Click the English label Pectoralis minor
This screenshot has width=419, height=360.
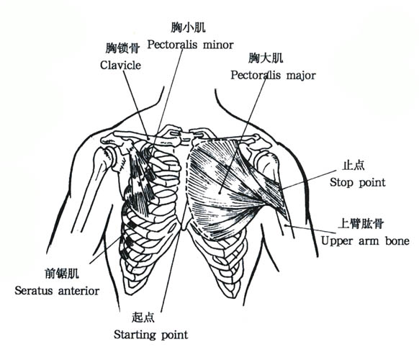pos(191,45)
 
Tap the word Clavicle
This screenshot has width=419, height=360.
pos(120,66)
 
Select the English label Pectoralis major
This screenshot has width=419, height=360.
pos(273,76)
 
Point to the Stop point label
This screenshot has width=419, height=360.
pos(358,183)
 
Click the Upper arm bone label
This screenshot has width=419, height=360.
pos(365,240)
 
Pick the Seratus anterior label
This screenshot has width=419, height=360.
pos(57,290)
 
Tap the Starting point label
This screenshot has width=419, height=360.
pos(151,335)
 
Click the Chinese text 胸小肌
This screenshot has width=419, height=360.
pos(189,27)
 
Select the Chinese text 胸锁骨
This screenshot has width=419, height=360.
pos(122,48)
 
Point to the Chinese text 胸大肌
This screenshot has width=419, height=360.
pos(266,58)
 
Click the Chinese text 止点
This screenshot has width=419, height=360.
pos(353,166)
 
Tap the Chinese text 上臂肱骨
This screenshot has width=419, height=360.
pos(361,224)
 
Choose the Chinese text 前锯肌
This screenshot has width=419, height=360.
pos(62,274)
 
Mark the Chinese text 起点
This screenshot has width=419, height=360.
pos(143,318)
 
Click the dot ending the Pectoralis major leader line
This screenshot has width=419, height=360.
pos(220,192)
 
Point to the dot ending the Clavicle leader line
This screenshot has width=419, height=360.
pos(148,138)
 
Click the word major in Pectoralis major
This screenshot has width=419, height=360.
pos(301,76)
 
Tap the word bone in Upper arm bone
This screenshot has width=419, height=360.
pos(397,240)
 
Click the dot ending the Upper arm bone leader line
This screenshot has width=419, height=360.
pos(286,226)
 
